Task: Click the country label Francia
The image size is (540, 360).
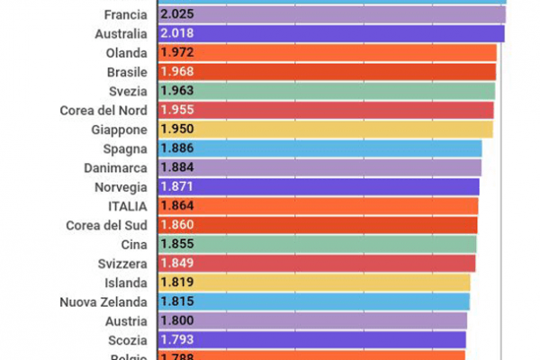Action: point(125,14)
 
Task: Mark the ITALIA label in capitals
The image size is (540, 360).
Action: point(129,205)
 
